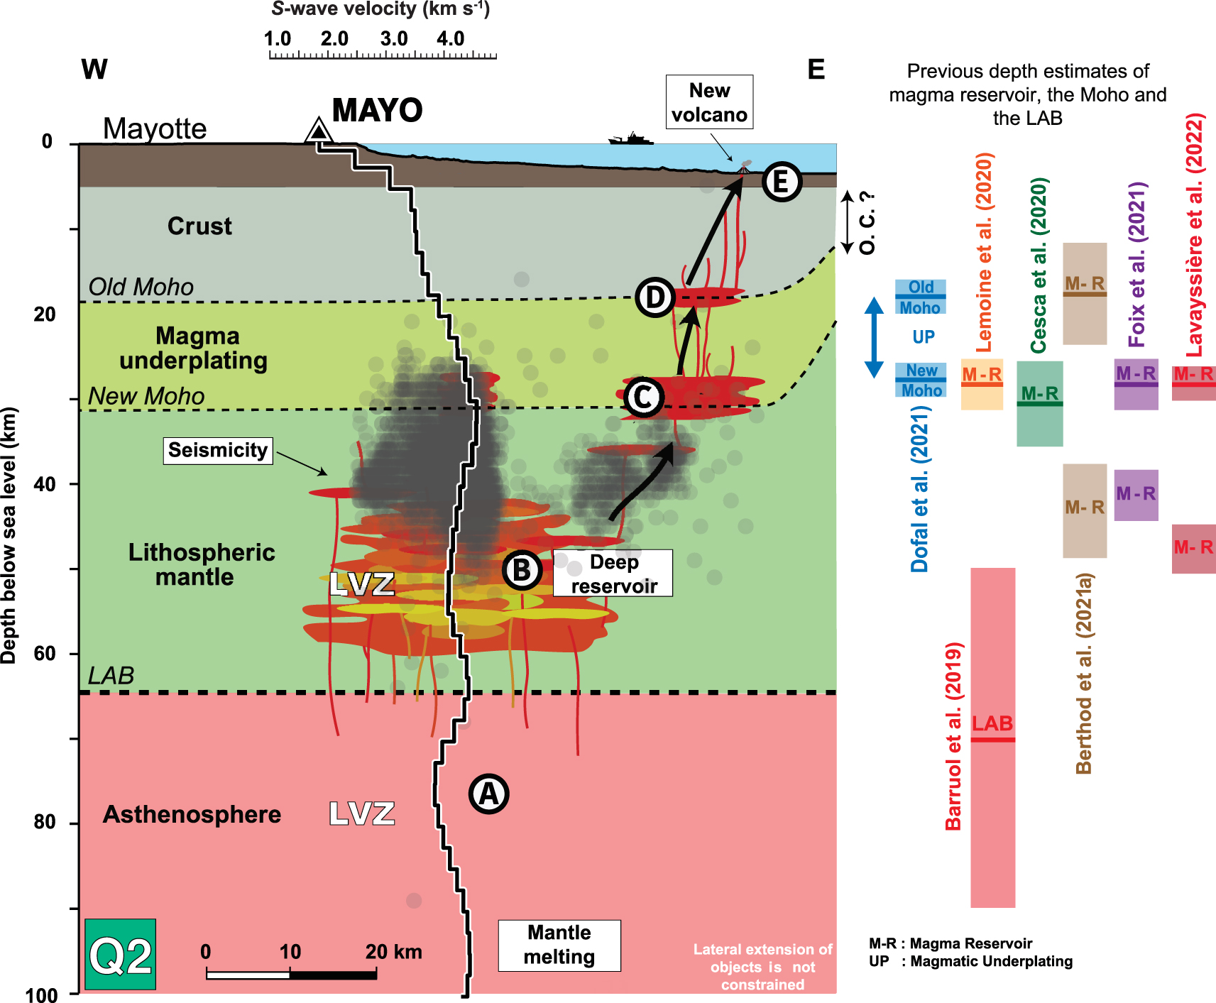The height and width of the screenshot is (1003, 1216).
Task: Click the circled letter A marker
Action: [x=489, y=794]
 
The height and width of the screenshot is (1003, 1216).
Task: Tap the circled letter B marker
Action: [x=522, y=570]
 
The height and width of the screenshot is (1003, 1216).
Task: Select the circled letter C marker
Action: [x=643, y=398]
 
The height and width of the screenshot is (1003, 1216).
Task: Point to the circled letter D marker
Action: [x=654, y=297]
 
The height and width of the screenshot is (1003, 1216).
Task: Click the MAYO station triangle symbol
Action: [x=319, y=131]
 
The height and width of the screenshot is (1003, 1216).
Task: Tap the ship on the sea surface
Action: [x=630, y=138]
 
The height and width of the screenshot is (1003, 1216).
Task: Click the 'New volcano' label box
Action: [x=709, y=102]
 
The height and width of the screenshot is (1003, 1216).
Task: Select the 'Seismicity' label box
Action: [x=218, y=450]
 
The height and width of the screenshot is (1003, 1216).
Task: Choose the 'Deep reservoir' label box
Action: [x=613, y=574]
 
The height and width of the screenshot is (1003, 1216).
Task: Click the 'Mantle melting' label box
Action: [x=559, y=946]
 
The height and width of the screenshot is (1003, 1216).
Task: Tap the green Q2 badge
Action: [x=120, y=955]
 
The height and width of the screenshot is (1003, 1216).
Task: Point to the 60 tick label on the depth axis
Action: [x=45, y=653]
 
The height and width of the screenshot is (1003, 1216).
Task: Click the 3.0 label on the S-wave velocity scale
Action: [x=394, y=38]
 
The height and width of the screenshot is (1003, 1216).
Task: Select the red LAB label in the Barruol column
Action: [x=992, y=723]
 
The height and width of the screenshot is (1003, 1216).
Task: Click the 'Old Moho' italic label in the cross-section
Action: [x=141, y=287]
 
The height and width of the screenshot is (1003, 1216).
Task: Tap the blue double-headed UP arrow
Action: [x=874, y=337]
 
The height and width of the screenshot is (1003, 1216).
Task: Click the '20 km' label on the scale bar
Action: [x=393, y=951]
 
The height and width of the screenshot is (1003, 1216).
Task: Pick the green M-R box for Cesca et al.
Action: [x=1040, y=403]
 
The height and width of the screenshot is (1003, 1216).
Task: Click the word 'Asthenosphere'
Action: [x=192, y=814]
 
